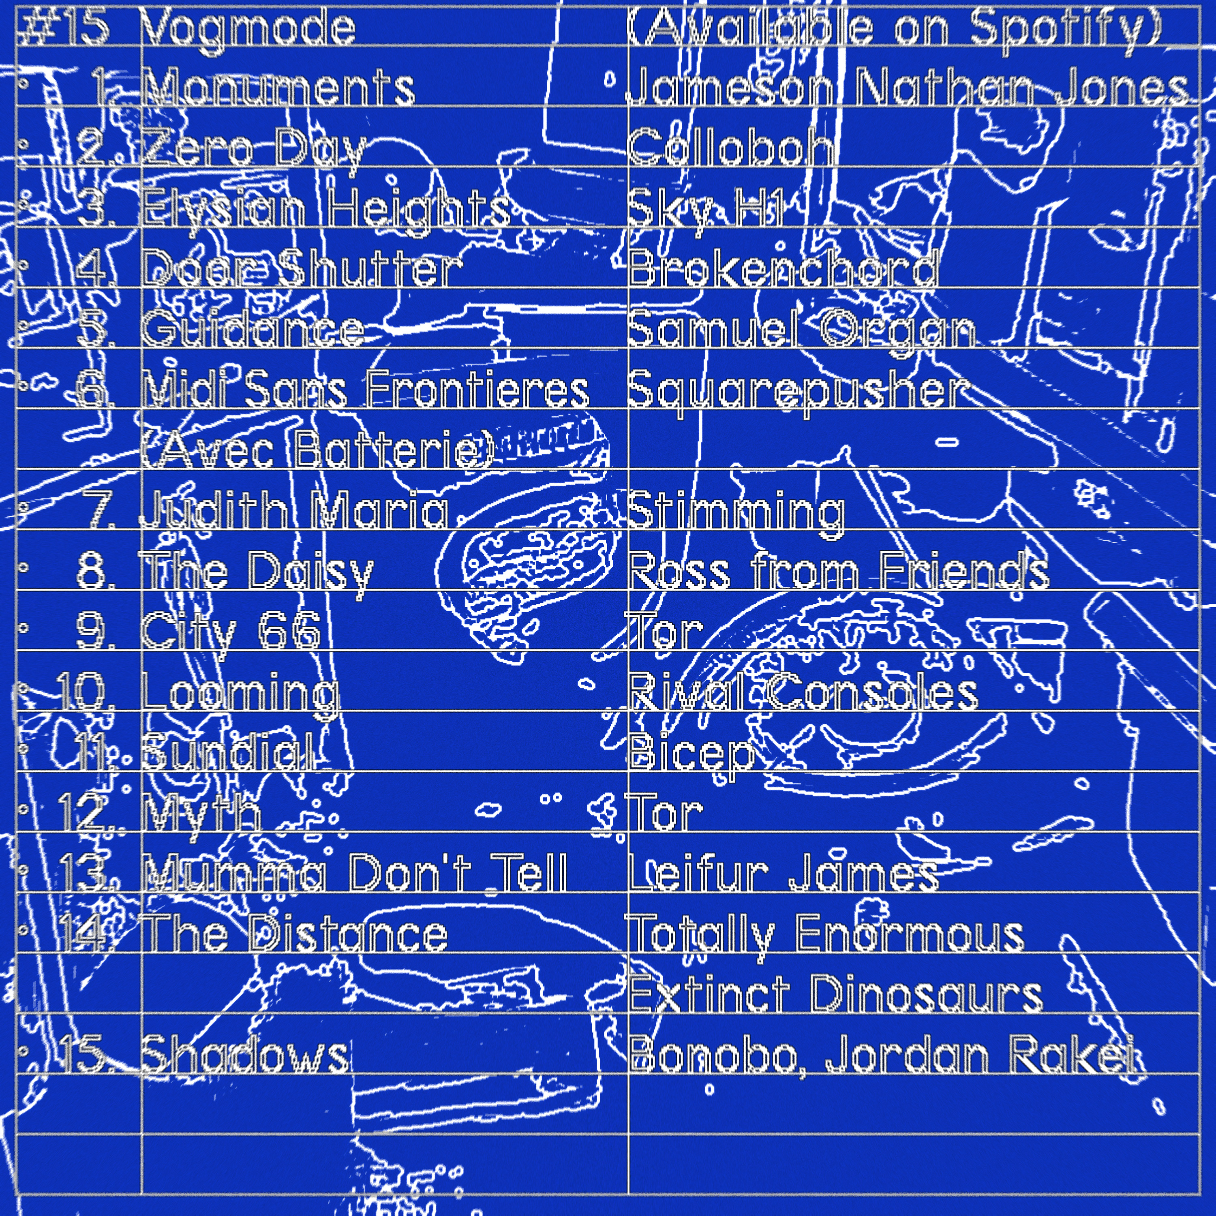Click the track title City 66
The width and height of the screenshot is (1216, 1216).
(x=230, y=631)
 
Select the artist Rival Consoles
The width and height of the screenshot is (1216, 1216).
(x=803, y=691)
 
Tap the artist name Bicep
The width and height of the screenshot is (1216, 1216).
(x=692, y=753)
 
